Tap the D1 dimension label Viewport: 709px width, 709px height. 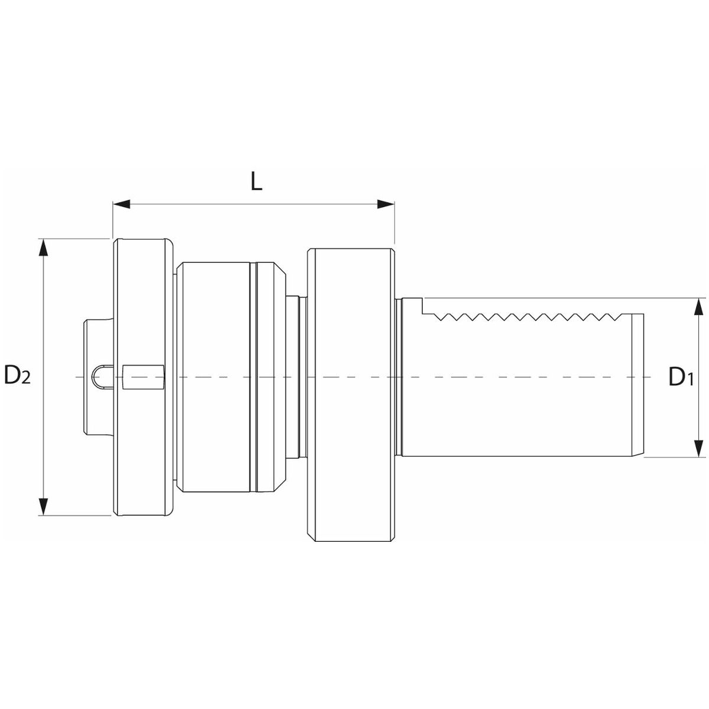tap(681, 377)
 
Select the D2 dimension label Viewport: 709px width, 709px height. tap(17, 375)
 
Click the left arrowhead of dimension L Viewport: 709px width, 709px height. tap(122, 204)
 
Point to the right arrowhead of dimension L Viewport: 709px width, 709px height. tap(386, 204)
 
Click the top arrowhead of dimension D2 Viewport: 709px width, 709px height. tap(43, 247)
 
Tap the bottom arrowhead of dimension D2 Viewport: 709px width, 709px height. tap(43, 506)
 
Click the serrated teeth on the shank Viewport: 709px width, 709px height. tap(527, 317)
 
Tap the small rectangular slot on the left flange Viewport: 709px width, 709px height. tap(143, 377)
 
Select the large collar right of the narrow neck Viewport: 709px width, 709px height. tap(351, 395)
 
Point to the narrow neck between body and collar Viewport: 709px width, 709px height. tap(297, 377)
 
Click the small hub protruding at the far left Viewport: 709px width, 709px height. tap(98, 377)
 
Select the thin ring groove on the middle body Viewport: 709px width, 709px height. tap(252, 377)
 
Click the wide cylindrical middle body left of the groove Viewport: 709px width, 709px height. tap(213, 377)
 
